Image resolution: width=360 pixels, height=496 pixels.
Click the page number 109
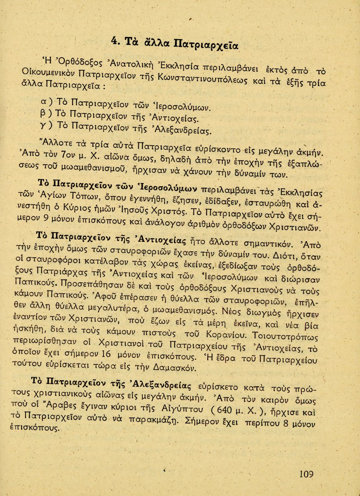[x=306, y=474]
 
